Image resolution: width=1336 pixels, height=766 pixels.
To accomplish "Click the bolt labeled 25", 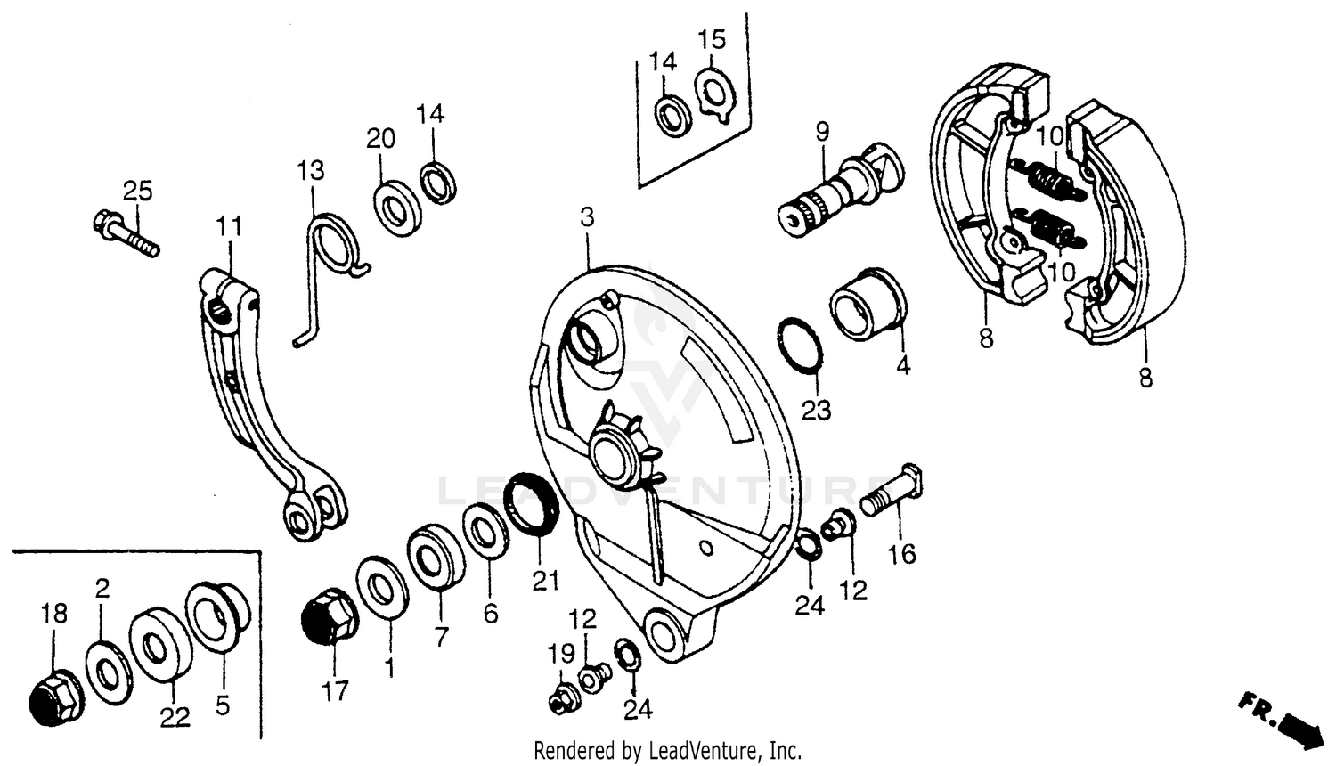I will [x=124, y=231].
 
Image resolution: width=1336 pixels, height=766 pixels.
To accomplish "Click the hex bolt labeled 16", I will [x=894, y=493].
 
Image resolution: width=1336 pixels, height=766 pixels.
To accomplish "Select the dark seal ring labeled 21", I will [x=532, y=506].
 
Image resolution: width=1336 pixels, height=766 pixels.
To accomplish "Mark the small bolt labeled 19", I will [x=562, y=700].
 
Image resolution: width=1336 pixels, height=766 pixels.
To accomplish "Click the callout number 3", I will [x=586, y=216].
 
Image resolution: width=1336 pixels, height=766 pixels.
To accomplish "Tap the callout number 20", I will [x=380, y=139].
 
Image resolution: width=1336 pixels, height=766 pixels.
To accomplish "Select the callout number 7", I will [x=441, y=636].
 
